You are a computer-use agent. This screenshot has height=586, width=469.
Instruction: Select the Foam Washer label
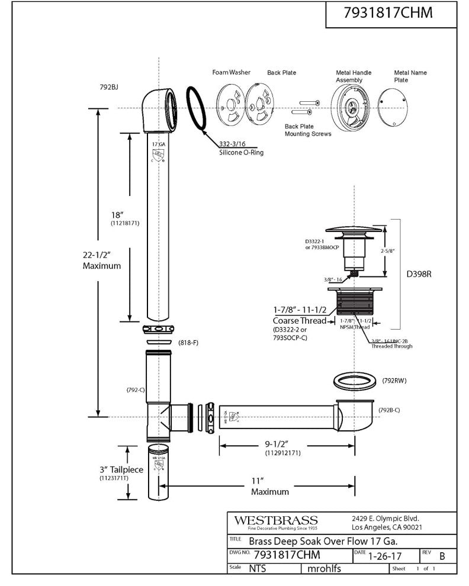[x=231, y=73]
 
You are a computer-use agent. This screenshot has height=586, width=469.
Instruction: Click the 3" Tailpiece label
[x=121, y=470]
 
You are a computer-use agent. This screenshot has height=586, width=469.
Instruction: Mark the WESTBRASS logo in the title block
[x=275, y=520]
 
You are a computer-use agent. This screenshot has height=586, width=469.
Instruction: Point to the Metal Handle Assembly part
[x=349, y=107]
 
